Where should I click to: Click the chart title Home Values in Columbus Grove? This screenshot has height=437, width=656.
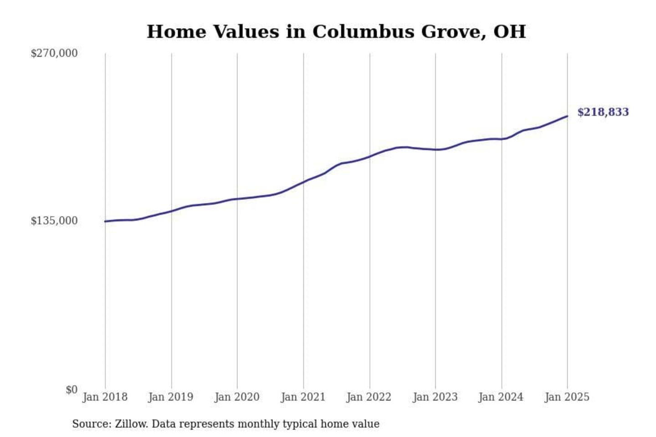[336, 32]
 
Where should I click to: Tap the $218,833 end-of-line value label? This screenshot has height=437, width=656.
[603, 112]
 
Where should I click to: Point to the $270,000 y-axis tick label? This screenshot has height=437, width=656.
[54, 53]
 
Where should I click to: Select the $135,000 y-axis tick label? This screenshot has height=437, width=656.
[54, 221]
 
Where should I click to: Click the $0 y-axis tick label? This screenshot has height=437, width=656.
[72, 390]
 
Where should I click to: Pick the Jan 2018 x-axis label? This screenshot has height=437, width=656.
[105, 397]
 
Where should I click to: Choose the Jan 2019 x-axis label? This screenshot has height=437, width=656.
[171, 397]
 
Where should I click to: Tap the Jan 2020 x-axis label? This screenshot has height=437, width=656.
[237, 397]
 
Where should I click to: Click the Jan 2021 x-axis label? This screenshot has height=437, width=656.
[303, 397]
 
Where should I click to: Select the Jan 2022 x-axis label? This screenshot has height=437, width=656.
[369, 397]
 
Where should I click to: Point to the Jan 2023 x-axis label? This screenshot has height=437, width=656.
[435, 397]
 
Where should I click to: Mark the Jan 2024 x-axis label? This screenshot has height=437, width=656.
[501, 397]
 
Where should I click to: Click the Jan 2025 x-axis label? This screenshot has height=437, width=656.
[567, 397]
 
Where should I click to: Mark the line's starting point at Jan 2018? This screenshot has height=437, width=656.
[105, 221]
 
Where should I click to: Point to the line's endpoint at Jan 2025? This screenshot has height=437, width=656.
[567, 116]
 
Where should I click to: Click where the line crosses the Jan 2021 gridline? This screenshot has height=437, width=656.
[303, 182]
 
